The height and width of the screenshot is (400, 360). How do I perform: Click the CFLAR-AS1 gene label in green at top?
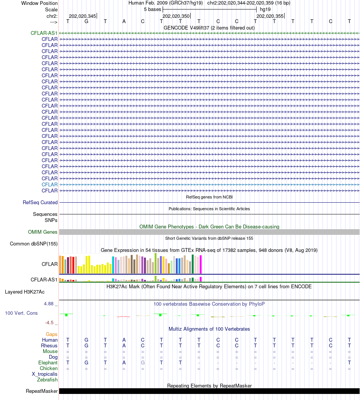point(44,33)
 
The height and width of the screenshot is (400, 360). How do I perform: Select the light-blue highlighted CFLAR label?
point(50,184)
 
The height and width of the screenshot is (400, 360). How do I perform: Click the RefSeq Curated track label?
point(40,203)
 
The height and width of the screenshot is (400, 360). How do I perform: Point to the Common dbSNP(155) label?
point(34,244)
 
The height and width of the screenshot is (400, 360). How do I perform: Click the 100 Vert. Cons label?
point(21,313)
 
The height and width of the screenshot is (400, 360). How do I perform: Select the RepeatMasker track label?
point(42,391)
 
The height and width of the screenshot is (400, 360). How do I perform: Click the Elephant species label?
point(48,363)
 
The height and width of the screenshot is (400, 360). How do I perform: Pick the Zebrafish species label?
point(47,380)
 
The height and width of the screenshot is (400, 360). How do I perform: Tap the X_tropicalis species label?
point(45,374)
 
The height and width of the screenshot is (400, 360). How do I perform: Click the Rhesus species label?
point(49,346)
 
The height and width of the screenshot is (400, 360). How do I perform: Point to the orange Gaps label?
point(52,334)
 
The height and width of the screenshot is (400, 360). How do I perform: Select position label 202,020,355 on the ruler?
point(269,16)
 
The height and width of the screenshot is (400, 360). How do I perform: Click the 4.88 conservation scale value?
point(50,304)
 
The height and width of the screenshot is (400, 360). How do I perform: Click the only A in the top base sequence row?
point(124,21)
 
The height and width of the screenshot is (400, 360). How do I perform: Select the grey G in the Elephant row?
point(143,363)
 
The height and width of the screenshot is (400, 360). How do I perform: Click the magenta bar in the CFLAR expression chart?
point(201,264)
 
